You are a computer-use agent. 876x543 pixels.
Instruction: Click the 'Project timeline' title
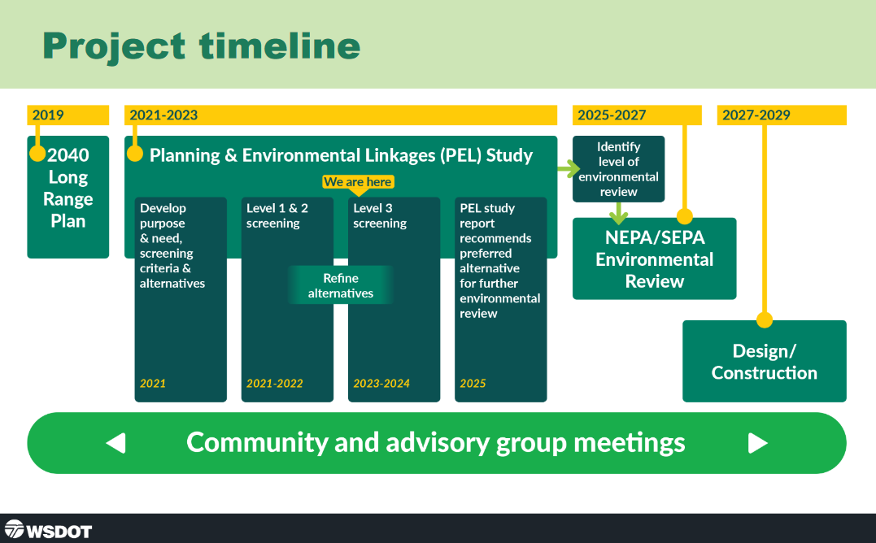click(x=201, y=46)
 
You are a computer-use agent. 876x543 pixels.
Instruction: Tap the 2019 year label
click(x=48, y=115)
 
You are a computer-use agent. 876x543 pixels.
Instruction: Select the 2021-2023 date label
click(x=163, y=115)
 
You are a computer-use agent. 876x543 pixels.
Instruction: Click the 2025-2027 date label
click(x=612, y=115)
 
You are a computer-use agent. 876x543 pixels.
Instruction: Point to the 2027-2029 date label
click(x=756, y=115)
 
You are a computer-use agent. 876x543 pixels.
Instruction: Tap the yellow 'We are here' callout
click(x=358, y=182)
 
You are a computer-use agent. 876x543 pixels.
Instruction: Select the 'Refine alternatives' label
click(x=341, y=285)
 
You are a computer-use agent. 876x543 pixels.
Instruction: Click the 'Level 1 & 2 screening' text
click(x=277, y=215)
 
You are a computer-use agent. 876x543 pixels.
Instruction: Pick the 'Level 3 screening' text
click(x=380, y=215)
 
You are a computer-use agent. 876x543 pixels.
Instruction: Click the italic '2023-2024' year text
click(x=381, y=383)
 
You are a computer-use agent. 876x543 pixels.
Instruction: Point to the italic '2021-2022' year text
click(x=275, y=383)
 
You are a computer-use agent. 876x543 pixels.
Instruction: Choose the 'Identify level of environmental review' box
click(x=619, y=169)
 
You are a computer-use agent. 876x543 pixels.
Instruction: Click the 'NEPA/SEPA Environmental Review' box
click(x=655, y=258)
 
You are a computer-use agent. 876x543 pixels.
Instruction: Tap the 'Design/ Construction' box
click(x=765, y=362)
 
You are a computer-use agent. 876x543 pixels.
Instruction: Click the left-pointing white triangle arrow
click(x=115, y=443)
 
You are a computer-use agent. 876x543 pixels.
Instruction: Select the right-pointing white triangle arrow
click(x=758, y=443)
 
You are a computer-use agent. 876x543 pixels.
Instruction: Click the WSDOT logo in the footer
click(x=48, y=530)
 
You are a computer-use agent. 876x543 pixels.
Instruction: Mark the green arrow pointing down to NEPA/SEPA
click(x=620, y=214)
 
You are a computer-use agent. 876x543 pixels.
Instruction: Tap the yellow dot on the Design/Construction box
click(x=765, y=319)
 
